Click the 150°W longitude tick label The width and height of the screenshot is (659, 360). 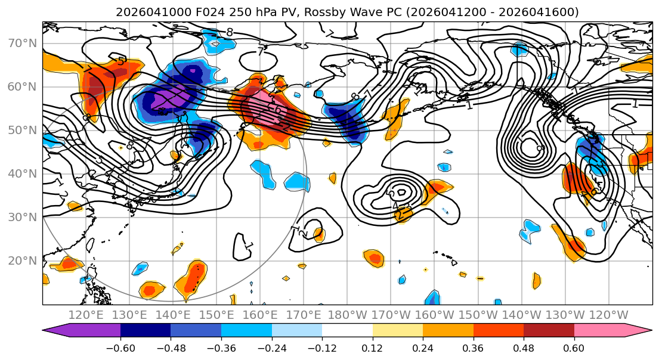coord(478,315)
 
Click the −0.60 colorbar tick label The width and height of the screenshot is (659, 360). coord(120,347)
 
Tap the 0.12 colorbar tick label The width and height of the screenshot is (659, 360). coord(373,347)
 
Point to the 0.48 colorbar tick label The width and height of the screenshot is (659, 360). coord(524,347)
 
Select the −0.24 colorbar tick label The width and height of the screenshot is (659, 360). coord(271,347)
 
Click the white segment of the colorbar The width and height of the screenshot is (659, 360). coord(347,331)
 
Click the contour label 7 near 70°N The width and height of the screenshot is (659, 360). coord(261,52)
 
